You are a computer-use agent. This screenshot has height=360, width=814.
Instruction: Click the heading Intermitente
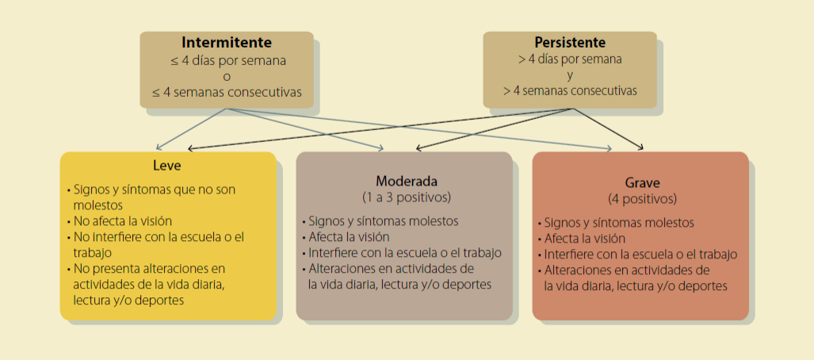click(x=227, y=42)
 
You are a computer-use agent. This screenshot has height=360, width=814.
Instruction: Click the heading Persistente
click(x=570, y=42)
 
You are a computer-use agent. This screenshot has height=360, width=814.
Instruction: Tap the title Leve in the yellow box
click(x=167, y=166)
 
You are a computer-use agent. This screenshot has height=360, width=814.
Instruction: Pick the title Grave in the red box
click(x=641, y=182)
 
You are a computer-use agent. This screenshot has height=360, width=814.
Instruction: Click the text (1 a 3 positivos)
click(x=405, y=197)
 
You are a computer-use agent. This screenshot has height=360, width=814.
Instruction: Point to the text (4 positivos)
click(x=641, y=198)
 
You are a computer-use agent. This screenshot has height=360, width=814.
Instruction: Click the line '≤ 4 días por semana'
click(x=227, y=59)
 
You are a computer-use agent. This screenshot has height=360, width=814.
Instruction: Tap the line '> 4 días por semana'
click(x=570, y=59)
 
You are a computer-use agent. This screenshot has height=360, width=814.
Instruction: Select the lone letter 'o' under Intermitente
click(x=227, y=76)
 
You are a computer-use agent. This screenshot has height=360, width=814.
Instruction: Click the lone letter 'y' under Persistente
click(x=570, y=75)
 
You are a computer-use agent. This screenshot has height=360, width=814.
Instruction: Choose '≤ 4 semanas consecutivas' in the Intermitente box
click(x=227, y=92)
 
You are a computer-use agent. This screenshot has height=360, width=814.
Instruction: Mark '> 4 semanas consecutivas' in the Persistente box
click(x=570, y=91)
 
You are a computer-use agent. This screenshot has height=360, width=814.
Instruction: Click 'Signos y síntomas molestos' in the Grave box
click(x=618, y=223)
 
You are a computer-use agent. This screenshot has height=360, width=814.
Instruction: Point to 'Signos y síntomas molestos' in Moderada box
click(x=381, y=221)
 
